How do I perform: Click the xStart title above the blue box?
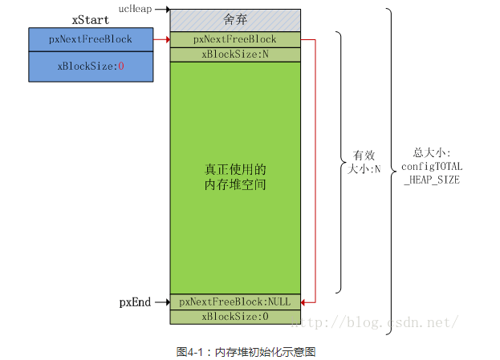(91, 20)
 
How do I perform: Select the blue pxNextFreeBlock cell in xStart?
(91, 39)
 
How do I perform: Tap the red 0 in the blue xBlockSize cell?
(121, 67)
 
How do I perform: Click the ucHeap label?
(135, 9)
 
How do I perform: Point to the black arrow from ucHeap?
(162, 10)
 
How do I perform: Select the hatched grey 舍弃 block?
(235, 20)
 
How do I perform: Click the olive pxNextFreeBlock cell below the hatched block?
(235, 39)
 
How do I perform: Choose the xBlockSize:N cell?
(235, 55)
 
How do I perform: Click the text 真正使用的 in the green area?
(235, 169)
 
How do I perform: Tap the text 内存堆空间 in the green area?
(235, 184)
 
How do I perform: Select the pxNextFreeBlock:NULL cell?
(235, 301)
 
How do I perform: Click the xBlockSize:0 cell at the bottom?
(235, 317)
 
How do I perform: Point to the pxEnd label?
(135, 302)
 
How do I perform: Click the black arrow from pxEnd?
(162, 302)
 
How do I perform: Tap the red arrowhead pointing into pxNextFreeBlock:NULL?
(303, 302)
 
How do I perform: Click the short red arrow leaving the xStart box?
(161, 39)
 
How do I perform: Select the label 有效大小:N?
(364, 162)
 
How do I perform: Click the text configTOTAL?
(432, 167)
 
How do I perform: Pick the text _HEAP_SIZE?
(432, 180)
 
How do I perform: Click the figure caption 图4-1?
(189, 352)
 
